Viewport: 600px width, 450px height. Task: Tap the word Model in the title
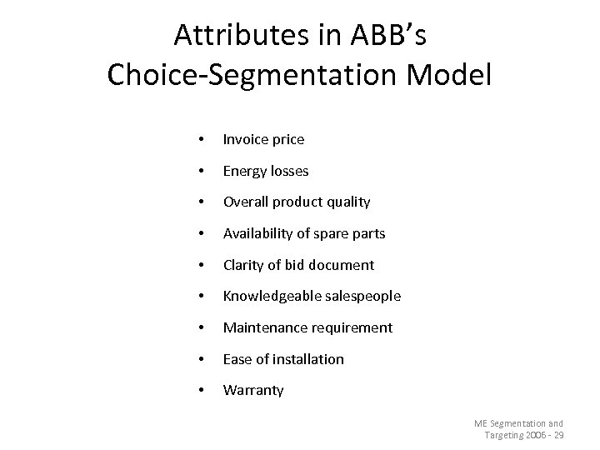pos(451,75)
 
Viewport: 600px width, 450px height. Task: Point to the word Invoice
pos(245,139)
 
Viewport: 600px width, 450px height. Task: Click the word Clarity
pos(243,265)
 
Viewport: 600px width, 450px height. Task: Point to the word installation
pos(310,359)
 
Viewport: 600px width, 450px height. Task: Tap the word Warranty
pos(253,390)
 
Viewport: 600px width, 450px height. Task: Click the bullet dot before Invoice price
pos(193,140)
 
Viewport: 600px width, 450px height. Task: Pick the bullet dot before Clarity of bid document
pos(193,266)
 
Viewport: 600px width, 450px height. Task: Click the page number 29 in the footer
pos(557,437)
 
